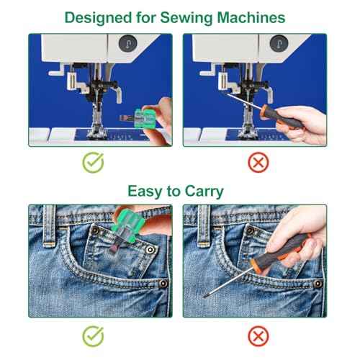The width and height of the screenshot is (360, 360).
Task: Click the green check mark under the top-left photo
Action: click(91, 163)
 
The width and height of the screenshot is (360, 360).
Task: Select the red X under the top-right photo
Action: click(258, 163)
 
